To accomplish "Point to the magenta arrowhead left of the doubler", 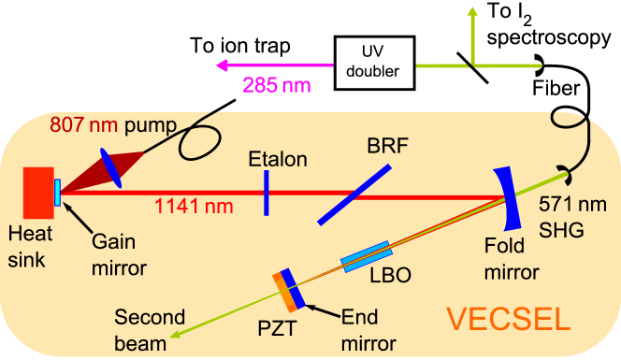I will [x=221, y=65].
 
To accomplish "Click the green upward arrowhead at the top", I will [x=473, y=11].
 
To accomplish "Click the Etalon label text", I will [x=278, y=159].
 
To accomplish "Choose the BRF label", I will [x=381, y=146].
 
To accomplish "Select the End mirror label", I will [x=369, y=329].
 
